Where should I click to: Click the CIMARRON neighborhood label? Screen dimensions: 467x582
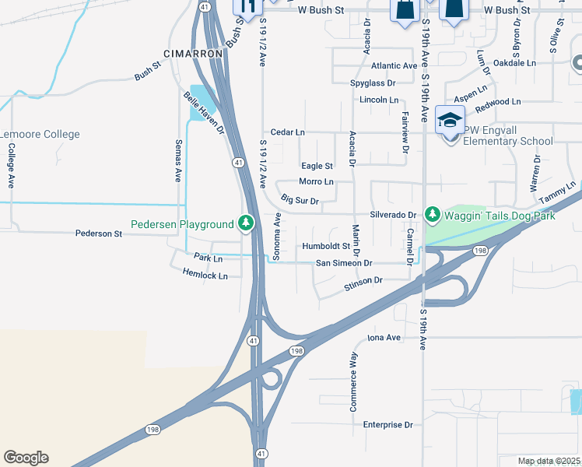click(x=193, y=54)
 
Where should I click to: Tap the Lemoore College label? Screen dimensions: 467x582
click(x=40, y=135)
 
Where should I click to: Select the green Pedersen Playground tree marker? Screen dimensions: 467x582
click(x=246, y=224)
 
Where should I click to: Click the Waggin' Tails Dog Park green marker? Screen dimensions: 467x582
click(x=433, y=214)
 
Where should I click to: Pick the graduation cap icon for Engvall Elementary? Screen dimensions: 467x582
click(x=450, y=120)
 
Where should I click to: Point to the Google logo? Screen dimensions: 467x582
click(x=26, y=458)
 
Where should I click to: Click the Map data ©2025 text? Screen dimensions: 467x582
click(x=548, y=461)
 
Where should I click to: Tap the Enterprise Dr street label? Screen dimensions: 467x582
click(x=387, y=425)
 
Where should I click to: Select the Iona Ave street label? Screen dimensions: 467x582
click(x=384, y=338)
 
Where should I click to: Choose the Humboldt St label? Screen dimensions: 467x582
click(x=326, y=248)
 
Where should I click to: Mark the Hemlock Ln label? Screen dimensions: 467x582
click(x=205, y=276)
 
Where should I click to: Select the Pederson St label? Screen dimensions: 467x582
click(x=99, y=233)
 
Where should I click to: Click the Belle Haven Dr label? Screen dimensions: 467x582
click(x=204, y=113)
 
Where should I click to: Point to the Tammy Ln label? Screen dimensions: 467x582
click(x=560, y=191)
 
